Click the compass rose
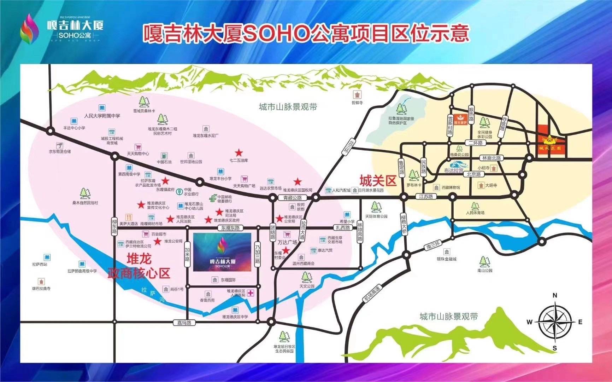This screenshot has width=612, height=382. (x=555, y=322)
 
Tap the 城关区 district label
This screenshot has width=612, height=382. (x=378, y=181)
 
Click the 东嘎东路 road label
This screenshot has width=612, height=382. (x=230, y=228)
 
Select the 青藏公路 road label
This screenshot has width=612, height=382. (x=292, y=198)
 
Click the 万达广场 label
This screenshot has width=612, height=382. (x=287, y=242)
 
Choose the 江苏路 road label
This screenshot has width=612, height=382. (x=426, y=196)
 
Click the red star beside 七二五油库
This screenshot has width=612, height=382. (x=239, y=153)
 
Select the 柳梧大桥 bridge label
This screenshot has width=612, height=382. (x=404, y=224)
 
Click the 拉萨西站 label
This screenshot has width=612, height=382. (x=40, y=264)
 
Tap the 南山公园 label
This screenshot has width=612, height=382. (x=484, y=270)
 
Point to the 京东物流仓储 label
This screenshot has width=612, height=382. (x=60, y=151)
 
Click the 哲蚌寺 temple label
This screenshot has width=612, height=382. (x=357, y=103)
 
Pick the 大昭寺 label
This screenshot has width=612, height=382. (x=491, y=185)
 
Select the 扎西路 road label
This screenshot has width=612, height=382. (x=343, y=228)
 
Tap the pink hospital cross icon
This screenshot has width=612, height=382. (x=251, y=293)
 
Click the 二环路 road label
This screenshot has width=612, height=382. (x=475, y=143)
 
